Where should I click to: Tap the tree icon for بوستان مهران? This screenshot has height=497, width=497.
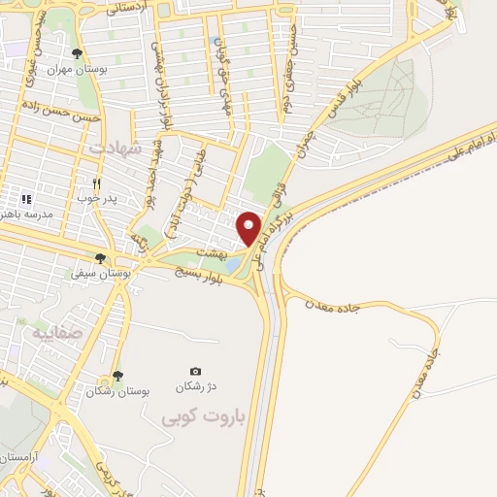click(78, 53)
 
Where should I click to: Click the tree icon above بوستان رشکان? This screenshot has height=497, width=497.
click(118, 375)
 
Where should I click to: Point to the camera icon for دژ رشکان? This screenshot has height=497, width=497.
click(195, 371)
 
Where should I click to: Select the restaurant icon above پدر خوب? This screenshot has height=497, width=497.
click(96, 182)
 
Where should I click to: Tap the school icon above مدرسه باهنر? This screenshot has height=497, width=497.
click(26, 198)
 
